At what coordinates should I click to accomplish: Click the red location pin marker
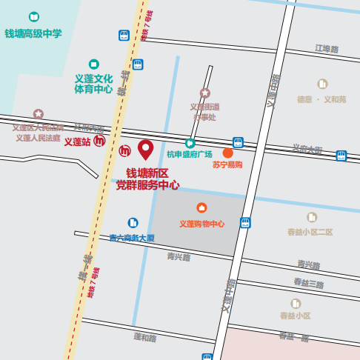[x=145, y=149]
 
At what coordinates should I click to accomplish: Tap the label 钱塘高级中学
[x=33, y=33]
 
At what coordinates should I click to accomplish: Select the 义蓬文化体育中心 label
[x=93, y=84]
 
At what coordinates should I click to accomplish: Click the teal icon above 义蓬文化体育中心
[x=93, y=64]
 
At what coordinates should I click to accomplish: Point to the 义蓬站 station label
[x=76, y=141]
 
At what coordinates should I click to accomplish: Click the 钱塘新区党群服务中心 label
[x=147, y=179]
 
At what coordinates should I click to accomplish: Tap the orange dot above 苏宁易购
[x=227, y=153]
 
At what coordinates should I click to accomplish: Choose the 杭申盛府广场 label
[x=189, y=154]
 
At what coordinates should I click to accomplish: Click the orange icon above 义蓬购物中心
[x=201, y=208]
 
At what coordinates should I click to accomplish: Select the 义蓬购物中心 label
[x=201, y=223]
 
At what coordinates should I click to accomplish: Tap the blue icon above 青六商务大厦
[x=133, y=222]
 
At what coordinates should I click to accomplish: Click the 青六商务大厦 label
[x=132, y=238]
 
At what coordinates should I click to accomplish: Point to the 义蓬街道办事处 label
[x=204, y=112]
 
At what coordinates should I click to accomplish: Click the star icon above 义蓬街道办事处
[x=205, y=93]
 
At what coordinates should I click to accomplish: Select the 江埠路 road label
[x=326, y=49]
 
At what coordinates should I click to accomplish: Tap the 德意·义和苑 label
[x=321, y=99]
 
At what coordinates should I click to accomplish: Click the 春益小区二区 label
[x=310, y=232]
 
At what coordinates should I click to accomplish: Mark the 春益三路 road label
[x=308, y=283]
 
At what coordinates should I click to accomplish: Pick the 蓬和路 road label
[x=145, y=337]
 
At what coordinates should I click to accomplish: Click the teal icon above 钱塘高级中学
[x=33, y=16]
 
